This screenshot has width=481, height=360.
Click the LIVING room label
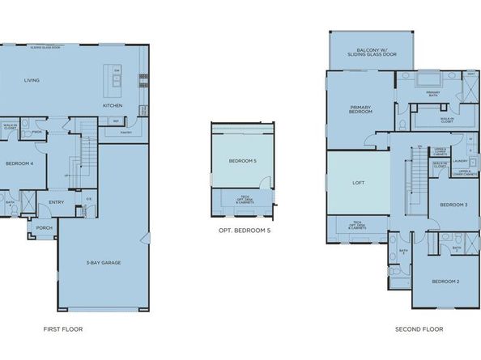click(32, 80)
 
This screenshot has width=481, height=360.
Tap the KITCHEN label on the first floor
click(112, 106)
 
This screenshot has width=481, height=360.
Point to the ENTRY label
click(56, 202)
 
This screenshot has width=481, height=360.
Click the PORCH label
click(43, 228)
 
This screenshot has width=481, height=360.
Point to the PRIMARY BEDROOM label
click(360, 109)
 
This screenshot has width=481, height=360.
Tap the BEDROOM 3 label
click(453, 205)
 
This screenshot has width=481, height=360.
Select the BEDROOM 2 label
click(445, 281)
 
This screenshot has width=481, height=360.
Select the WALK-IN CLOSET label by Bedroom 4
click(11, 126)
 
